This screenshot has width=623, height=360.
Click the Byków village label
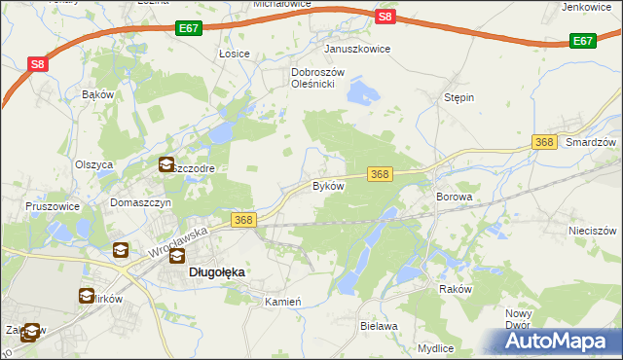tap(328, 186)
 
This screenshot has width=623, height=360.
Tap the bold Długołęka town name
tap(216, 273)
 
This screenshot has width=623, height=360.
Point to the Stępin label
tap(458, 98)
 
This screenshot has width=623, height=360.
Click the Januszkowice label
tap(357, 49)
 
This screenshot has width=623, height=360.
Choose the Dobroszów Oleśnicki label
tap(313, 78)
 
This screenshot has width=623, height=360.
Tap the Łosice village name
tap(235, 54)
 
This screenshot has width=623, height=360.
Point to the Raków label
tap(455, 290)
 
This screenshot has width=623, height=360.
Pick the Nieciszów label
tap(593, 232)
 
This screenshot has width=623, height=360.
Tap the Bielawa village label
tap(379, 327)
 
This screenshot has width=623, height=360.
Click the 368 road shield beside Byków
tap(380, 174)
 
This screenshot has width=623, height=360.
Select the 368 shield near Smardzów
tap(544, 143)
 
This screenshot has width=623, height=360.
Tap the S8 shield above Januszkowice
tap(385, 17)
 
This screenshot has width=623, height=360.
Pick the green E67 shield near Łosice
tap(190, 30)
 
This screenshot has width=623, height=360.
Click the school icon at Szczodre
tap(166, 165)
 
